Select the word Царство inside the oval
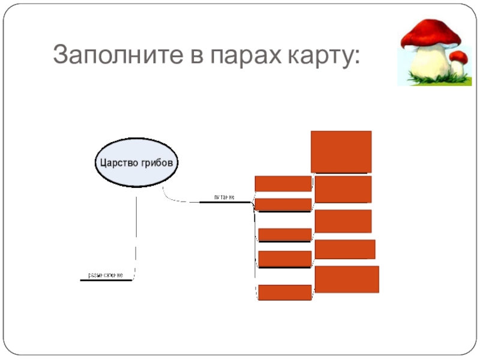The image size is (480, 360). pos(118,163)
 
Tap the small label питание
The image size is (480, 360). pos(223,197)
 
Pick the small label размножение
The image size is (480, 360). pos(106,275)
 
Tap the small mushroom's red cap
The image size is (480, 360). pos(459,57)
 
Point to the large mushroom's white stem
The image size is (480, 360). pos(432,63)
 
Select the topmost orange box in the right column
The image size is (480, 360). pos(341,152)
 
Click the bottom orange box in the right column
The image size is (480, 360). pos(347,279)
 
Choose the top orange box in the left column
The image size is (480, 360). pos(283,183)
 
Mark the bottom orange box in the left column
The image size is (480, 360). pos(285,292)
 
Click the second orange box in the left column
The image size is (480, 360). pos(283,205)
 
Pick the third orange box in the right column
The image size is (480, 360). pos(343,221)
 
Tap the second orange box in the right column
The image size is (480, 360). pos(343,189)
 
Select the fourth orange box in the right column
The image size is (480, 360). pos(345,249)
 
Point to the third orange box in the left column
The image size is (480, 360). pos(285,235)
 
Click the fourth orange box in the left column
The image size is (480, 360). pos(285,259)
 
